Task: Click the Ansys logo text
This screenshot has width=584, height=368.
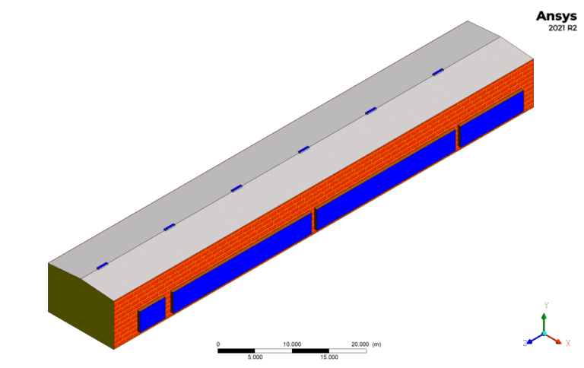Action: tap(556, 16)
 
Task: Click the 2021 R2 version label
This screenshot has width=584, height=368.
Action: tap(563, 28)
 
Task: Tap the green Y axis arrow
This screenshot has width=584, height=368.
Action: tap(544, 322)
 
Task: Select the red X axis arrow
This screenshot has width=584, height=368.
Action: tap(554, 338)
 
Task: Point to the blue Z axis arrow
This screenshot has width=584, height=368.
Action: tap(535, 338)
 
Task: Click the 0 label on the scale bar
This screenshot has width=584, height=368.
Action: tap(218, 344)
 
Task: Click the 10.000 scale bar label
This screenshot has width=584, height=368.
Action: tap(292, 344)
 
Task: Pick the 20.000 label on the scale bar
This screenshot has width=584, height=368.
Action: tap(360, 344)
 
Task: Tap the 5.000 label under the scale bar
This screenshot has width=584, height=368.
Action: tap(255, 357)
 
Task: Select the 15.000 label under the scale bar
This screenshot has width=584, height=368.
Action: tap(329, 357)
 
